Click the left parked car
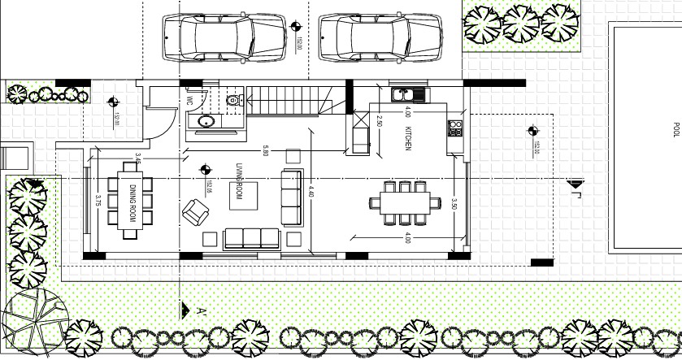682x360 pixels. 223,37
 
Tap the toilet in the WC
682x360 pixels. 234,102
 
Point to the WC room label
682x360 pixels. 189,102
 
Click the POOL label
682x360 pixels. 675,130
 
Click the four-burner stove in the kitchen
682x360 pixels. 455,128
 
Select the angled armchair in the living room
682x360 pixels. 196,213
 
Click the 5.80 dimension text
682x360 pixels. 265,151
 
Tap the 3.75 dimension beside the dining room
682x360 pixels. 97,200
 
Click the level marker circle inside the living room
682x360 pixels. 203,171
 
